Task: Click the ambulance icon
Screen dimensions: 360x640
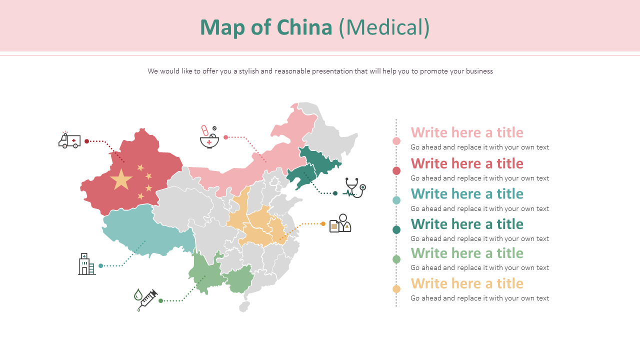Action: [x=69, y=140]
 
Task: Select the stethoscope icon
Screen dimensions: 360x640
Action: [x=355, y=187]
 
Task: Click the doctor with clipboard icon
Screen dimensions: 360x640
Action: [x=340, y=223]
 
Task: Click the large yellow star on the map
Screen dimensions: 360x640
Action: [x=121, y=179]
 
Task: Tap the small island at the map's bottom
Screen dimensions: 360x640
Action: [x=244, y=306]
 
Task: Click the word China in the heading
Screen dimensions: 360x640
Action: [x=304, y=27]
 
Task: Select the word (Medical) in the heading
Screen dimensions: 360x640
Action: [x=384, y=27]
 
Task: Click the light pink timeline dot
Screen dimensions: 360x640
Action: [x=396, y=141]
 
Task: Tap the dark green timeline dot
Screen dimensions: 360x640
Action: [x=396, y=230]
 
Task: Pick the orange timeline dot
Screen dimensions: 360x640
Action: [x=396, y=289]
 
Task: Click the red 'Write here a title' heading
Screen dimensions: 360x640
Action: [x=466, y=163]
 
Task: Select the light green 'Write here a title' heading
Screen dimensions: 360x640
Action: [x=466, y=253]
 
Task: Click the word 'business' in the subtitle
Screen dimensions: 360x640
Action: [x=479, y=71]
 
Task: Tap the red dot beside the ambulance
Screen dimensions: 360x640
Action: [x=86, y=141]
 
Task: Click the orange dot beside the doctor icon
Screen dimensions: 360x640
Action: [x=323, y=223]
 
